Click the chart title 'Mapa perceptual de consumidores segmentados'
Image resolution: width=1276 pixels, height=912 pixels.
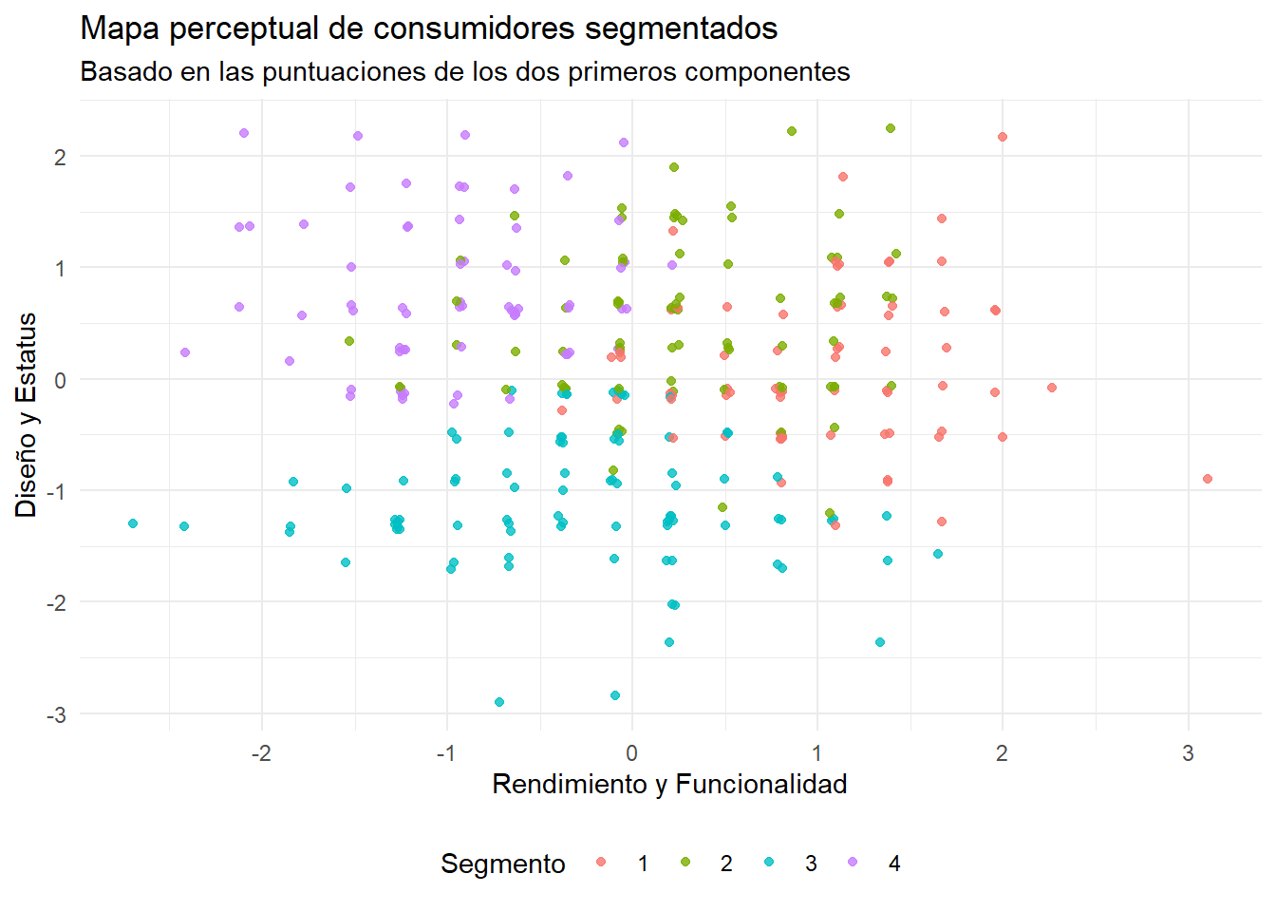point(428,28)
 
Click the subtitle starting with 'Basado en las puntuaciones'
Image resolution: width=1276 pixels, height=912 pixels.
point(464,72)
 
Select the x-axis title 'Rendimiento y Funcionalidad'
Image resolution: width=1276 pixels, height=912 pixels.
point(669,784)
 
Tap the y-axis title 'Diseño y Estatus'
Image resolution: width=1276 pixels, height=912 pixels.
point(27,414)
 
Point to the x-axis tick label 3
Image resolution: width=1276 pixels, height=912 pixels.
point(1188,753)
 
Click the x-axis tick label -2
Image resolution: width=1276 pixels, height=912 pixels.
point(261,753)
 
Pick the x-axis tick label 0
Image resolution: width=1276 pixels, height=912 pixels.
point(631,753)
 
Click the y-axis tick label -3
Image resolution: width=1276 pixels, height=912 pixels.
point(56,714)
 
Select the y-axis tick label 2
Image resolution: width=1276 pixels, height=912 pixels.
point(60,157)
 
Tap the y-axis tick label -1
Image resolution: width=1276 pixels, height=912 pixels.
point(56,491)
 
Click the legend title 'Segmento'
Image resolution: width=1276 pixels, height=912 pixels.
point(502,864)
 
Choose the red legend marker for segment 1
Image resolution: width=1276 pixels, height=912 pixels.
point(601,863)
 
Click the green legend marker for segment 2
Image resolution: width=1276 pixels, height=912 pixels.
point(685,863)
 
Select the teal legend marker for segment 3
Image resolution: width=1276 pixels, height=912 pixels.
point(769,863)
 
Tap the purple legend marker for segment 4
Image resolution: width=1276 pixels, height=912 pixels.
point(853,863)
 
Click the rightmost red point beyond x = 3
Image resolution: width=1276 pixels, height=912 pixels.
point(1208,479)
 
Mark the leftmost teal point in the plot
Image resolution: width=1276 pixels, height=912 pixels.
point(133,523)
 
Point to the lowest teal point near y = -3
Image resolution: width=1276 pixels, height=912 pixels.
point(499,702)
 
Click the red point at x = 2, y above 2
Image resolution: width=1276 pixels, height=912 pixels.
point(1003,137)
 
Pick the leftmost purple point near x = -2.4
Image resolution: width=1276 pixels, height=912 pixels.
point(185,352)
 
